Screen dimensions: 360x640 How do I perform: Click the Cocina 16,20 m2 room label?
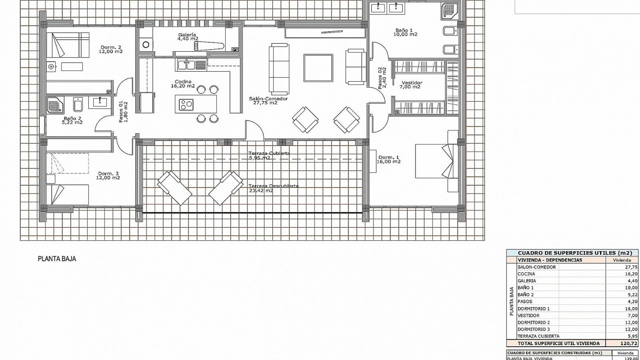[183, 84]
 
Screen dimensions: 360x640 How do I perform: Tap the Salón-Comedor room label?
[268, 101]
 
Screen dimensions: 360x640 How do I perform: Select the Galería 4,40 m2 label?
[188, 36]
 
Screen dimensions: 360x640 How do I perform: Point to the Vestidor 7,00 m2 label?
[412, 85]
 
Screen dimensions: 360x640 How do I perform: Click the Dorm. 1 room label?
[389, 159]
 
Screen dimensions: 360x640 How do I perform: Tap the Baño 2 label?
[72, 120]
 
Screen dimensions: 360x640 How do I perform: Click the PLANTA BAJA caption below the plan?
[57, 259]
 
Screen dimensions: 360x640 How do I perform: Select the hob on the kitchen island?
[186, 104]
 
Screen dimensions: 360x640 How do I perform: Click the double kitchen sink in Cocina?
[186, 64]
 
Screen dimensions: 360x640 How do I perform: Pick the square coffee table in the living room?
[318, 68]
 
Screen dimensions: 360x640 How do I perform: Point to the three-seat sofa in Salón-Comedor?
[279, 68]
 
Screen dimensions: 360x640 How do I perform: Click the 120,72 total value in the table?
[622, 343]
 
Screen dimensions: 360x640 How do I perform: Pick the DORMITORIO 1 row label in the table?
[533, 309]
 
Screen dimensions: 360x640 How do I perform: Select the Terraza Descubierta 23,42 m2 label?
[273, 188]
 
